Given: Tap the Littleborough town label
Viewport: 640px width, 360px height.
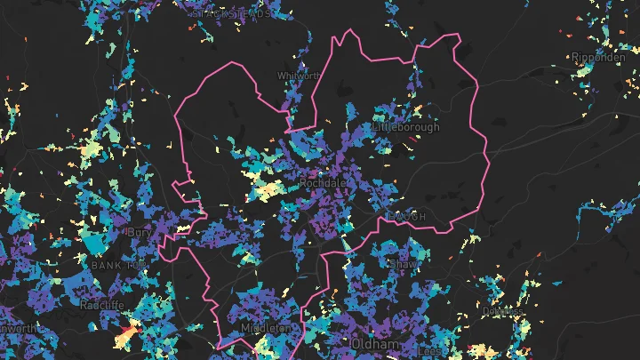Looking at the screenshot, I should pyautogui.click(x=406, y=127).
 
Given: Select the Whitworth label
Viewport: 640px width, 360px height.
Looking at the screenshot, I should pyautogui.click(x=298, y=76).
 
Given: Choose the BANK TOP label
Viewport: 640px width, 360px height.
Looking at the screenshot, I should pyautogui.click(x=117, y=265).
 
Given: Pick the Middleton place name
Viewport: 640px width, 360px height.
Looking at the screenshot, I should pyautogui.click(x=266, y=328).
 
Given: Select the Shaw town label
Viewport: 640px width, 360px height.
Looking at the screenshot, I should pyautogui.click(x=402, y=264).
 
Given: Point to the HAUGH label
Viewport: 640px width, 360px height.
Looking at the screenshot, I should pyautogui.click(x=407, y=217).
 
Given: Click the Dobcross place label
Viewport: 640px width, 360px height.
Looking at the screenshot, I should pyautogui.click(x=501, y=311).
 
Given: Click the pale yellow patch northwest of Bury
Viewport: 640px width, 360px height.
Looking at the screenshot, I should pyautogui.click(x=92, y=149).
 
